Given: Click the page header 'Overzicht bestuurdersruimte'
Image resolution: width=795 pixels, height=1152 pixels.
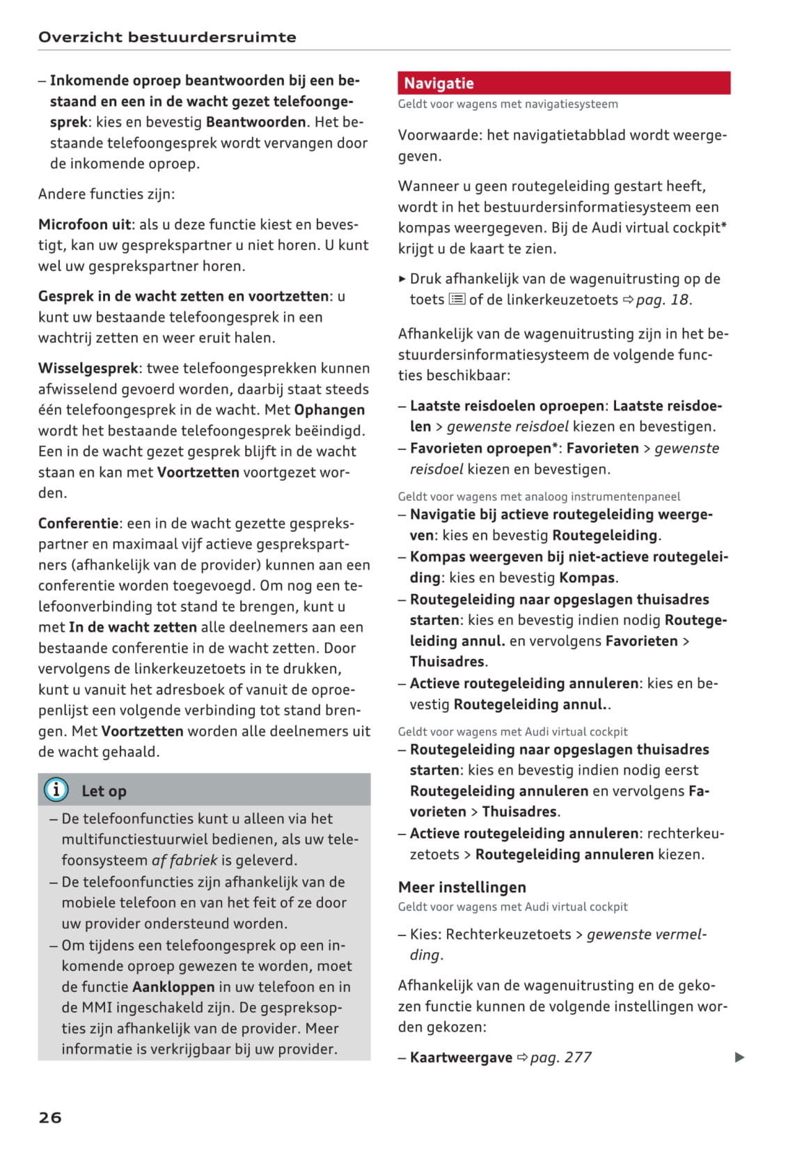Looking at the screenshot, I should (x=167, y=37).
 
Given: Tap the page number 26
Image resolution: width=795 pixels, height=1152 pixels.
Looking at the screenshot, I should (x=50, y=1116).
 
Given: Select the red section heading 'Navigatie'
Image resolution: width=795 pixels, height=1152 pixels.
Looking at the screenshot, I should (x=439, y=84).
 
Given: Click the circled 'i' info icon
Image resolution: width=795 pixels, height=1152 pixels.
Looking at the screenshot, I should (x=56, y=789).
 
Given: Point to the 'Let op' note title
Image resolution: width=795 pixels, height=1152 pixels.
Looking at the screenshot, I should (x=104, y=791).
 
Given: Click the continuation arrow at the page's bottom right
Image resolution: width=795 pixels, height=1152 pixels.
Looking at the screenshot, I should (x=739, y=1057).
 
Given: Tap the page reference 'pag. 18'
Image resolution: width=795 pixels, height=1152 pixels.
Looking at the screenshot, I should (x=662, y=299).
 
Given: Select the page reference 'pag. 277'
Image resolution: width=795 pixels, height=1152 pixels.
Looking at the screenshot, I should (x=560, y=1057).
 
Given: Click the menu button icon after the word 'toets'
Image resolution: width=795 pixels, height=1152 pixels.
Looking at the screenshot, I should (x=457, y=299).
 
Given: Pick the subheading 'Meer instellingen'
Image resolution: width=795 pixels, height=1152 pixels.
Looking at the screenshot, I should (x=462, y=887).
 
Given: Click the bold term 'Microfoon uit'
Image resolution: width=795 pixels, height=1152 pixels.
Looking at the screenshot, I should (x=84, y=224).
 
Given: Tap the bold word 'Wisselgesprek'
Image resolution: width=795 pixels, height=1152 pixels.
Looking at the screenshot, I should (x=88, y=368).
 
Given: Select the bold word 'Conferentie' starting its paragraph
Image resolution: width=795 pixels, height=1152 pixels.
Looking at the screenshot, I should (x=78, y=523).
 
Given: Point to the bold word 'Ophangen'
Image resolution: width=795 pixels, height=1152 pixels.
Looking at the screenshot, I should (x=329, y=410).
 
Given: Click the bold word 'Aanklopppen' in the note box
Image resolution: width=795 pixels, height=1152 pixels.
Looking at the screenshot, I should (x=173, y=986).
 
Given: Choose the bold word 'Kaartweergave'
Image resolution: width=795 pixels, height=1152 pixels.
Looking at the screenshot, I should (x=461, y=1057).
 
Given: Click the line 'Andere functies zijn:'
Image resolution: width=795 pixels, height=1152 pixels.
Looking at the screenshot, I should (x=107, y=194).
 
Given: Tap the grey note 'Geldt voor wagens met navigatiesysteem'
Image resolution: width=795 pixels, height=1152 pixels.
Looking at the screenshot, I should (x=507, y=104).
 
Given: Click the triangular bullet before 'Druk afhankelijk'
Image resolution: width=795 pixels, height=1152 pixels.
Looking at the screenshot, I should (x=402, y=279).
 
